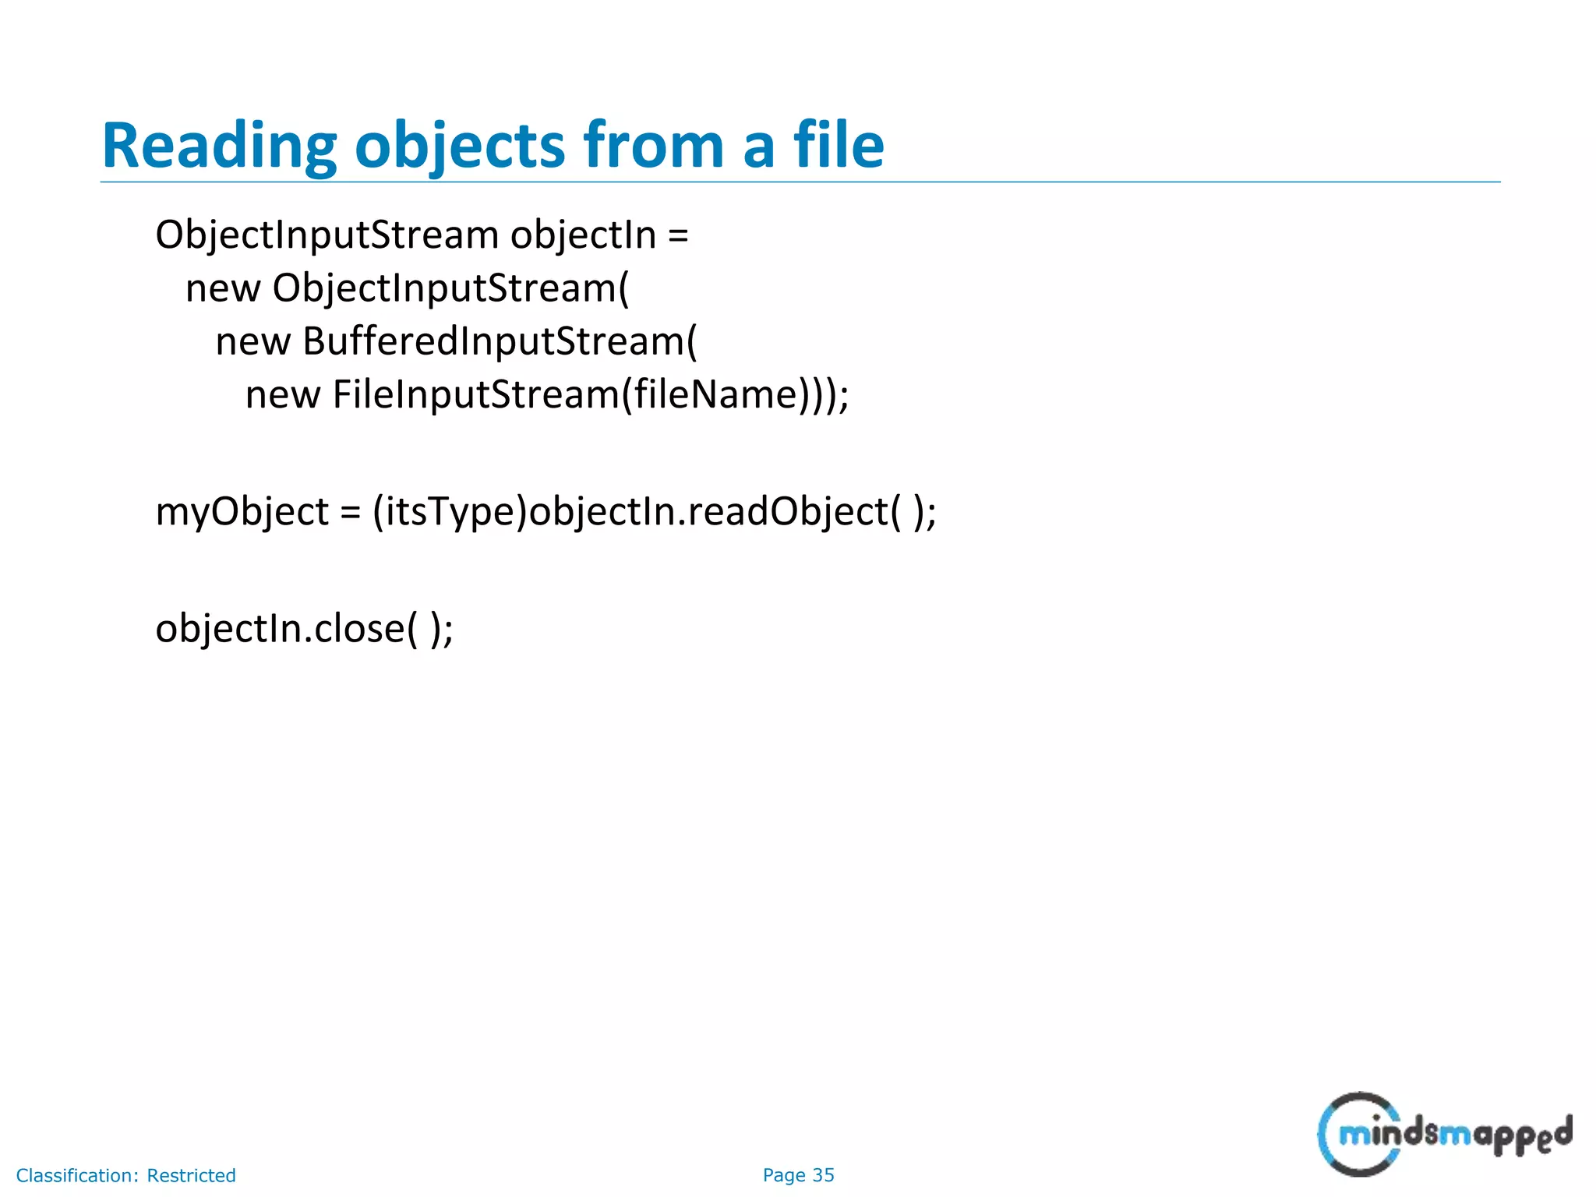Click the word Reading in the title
[219, 146]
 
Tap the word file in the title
[839, 146]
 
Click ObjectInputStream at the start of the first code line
[327, 235]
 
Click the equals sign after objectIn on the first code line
[678, 235]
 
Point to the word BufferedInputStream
[493, 341]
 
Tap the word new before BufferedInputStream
[252, 341]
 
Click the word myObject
[242, 512]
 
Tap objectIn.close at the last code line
[280, 628]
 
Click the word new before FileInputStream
[282, 394]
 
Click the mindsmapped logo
[1444, 1133]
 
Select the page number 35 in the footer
[823, 1175]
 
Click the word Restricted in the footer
[191, 1175]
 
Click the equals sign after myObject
[351, 512]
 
